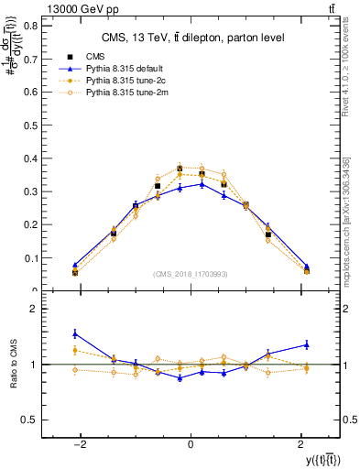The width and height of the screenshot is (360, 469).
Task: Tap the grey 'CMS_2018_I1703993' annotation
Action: pos(190,274)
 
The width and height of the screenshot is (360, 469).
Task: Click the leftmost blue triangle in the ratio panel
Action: pos(75,333)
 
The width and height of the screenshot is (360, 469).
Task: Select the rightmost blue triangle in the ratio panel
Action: pos(306,344)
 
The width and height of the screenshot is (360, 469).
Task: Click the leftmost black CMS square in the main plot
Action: pos(75,272)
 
